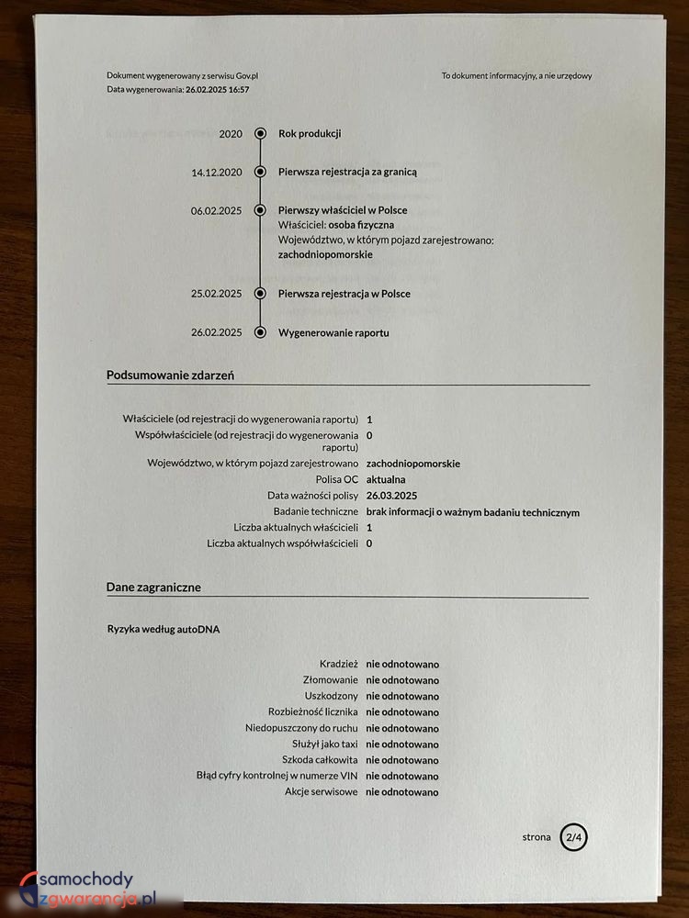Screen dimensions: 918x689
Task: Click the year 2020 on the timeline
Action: (231, 134)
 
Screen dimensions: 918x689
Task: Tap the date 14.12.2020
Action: (217, 173)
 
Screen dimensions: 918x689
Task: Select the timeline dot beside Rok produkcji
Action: (261, 134)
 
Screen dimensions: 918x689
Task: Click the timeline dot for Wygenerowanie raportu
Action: (261, 332)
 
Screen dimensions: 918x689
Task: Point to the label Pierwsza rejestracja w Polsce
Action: (344, 294)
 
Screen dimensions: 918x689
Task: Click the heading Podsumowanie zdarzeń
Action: (170, 375)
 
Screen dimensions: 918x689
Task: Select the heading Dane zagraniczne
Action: (153, 587)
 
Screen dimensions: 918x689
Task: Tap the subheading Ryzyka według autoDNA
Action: (164, 630)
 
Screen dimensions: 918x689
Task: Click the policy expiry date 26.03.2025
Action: (391, 496)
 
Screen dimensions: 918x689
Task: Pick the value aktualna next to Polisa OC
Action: (386, 480)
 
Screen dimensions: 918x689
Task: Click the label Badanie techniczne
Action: (315, 512)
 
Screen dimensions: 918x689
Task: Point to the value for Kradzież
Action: (402, 663)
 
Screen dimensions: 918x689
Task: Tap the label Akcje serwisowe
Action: (322, 791)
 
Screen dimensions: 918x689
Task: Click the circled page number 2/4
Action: (574, 837)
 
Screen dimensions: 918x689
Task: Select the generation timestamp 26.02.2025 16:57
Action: (218, 90)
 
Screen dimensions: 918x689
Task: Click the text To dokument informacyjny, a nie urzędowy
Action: (516, 76)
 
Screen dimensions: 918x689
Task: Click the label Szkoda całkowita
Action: (321, 760)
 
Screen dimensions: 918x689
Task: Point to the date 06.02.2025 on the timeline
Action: (216, 211)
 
